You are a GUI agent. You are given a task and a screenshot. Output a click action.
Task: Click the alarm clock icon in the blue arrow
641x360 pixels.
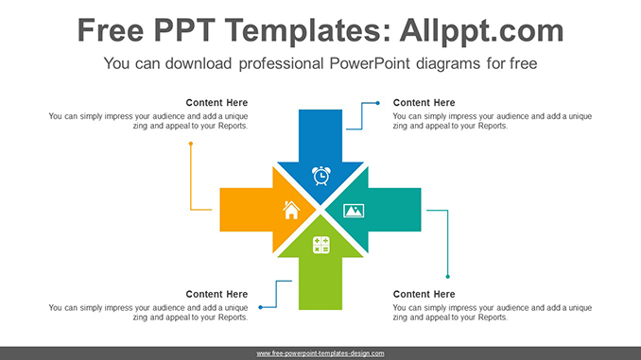pyautogui.click(x=321, y=175)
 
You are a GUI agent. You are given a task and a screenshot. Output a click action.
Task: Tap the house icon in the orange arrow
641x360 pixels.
pyautogui.click(x=291, y=210)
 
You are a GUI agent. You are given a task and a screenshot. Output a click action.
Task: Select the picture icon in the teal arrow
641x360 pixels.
pyautogui.click(x=354, y=210)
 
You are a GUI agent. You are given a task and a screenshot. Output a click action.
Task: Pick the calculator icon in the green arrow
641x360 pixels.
pyautogui.click(x=321, y=245)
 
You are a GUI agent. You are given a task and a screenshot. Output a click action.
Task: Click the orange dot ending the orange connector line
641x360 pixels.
pyautogui.click(x=190, y=144)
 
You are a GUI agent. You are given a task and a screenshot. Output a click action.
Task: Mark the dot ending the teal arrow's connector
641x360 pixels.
pyautogui.click(x=447, y=276)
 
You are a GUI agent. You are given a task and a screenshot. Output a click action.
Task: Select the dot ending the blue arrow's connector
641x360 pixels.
pyautogui.click(x=377, y=102)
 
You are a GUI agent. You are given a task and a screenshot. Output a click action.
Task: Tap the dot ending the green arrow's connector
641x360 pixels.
pyautogui.click(x=262, y=307)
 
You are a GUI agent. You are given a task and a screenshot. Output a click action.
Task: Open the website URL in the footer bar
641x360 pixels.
pyautogui.click(x=320, y=352)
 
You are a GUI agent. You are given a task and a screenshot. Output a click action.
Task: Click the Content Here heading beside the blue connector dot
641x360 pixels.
pyautogui.click(x=424, y=102)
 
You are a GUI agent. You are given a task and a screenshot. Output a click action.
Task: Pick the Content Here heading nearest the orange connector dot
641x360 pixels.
pyautogui.click(x=217, y=102)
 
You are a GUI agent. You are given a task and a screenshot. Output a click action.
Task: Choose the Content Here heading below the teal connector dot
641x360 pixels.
pyautogui.click(x=424, y=294)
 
